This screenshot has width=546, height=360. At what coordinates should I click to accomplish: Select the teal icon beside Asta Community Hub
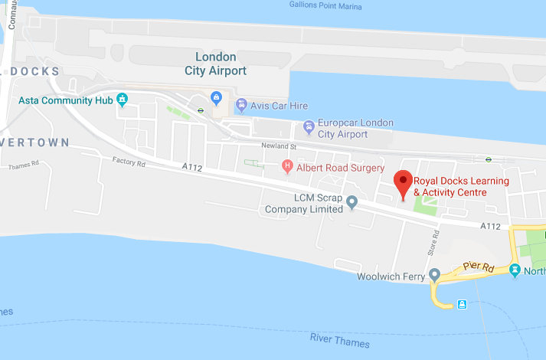pos(122,99)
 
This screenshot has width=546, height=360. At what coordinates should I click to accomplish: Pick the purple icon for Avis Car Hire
pos(241,105)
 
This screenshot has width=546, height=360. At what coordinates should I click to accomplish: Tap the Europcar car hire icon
pos(309,126)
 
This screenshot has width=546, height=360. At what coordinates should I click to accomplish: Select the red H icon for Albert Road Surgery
pos(287,165)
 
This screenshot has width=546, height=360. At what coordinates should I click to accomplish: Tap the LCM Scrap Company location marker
pos(352,202)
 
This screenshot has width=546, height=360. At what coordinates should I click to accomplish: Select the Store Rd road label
pos(432,244)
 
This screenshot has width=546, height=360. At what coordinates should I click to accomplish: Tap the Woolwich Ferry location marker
pos(434,275)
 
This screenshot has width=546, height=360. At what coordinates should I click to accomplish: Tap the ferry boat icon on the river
pos(463,304)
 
